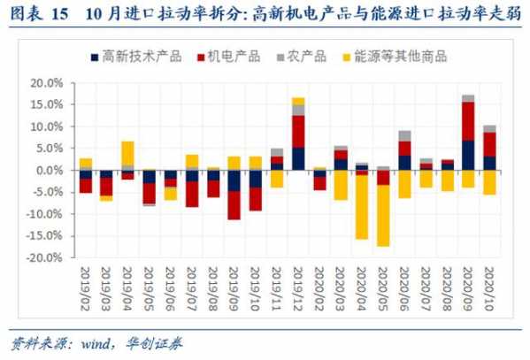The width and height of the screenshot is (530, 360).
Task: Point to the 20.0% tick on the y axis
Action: (46, 83)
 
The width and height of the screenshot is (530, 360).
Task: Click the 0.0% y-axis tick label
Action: (49, 170)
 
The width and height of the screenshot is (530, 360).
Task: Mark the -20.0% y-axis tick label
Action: (44, 257)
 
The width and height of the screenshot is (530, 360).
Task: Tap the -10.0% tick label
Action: (44, 214)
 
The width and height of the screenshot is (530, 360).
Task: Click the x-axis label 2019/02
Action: (86, 286)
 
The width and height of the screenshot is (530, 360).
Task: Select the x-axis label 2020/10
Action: (489, 286)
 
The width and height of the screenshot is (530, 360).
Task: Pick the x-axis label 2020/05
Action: (383, 286)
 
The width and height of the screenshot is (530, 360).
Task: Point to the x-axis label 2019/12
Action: (298, 286)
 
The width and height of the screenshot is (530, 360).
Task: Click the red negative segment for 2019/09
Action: (234, 205)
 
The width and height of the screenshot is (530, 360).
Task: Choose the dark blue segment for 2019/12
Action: (298, 158)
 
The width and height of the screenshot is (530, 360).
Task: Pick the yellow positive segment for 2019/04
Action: (128, 153)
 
